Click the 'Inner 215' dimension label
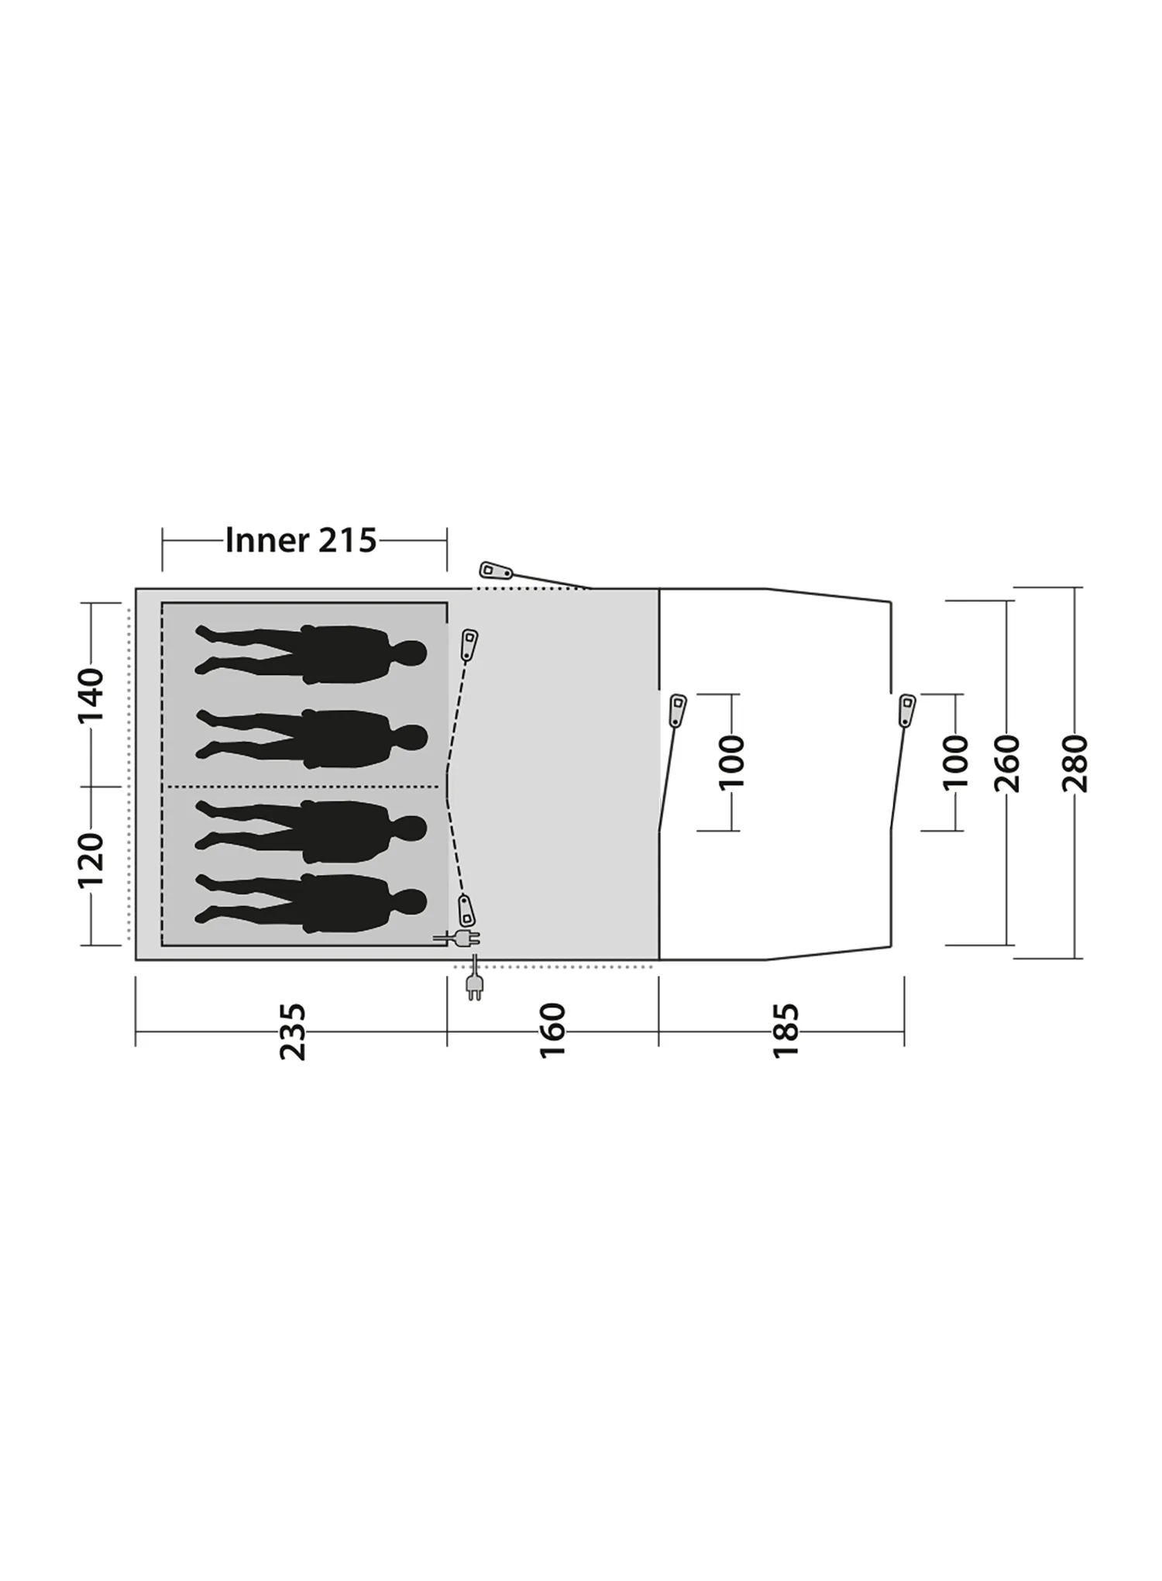[301, 540]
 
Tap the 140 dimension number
[91, 694]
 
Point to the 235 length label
[293, 1032]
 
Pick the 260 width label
[1007, 764]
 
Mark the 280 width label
[1075, 764]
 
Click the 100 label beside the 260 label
[956, 763]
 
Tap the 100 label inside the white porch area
[731, 763]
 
